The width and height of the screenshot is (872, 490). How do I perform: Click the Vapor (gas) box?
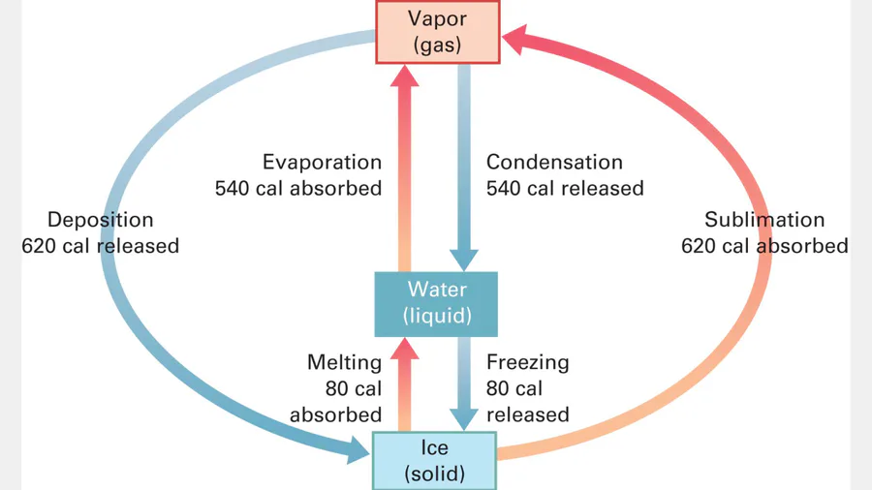[x=437, y=32]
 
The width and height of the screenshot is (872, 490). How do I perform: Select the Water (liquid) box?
[x=437, y=302]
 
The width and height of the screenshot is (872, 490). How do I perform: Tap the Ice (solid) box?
[x=435, y=461]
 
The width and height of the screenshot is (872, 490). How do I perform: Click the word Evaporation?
[x=323, y=163]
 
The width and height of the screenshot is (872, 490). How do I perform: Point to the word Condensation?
[x=554, y=163]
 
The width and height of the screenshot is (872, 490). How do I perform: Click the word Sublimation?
[x=764, y=220]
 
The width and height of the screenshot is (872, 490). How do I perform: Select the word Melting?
[x=345, y=363]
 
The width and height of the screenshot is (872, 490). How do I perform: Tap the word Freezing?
[x=527, y=363]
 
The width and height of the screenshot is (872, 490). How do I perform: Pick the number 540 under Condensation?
[x=505, y=188]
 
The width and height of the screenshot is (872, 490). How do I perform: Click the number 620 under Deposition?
[x=40, y=246]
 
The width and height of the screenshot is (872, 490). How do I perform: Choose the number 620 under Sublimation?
[x=700, y=246]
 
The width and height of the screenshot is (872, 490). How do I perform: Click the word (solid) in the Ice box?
[x=435, y=475]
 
